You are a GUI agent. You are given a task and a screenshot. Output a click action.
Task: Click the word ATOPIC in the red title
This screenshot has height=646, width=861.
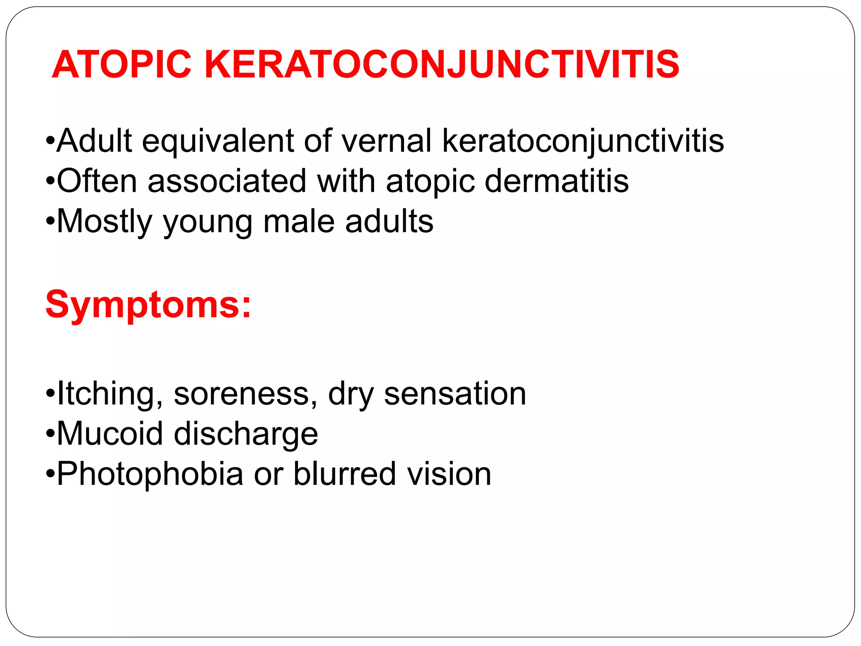[121, 64]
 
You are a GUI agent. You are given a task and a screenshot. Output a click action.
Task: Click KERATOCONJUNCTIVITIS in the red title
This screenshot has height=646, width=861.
[442, 64]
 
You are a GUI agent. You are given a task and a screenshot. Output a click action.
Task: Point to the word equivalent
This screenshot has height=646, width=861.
[218, 141]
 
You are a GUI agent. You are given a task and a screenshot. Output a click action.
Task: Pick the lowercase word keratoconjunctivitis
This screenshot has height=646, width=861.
[583, 141]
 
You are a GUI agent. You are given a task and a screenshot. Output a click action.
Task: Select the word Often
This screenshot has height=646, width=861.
[97, 181]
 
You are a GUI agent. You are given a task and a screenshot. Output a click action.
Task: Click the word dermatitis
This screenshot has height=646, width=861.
[557, 181]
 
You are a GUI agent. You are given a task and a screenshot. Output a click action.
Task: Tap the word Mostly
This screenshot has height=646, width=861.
[104, 222]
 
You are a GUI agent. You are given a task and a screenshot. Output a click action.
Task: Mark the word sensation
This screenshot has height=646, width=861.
[455, 394]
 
